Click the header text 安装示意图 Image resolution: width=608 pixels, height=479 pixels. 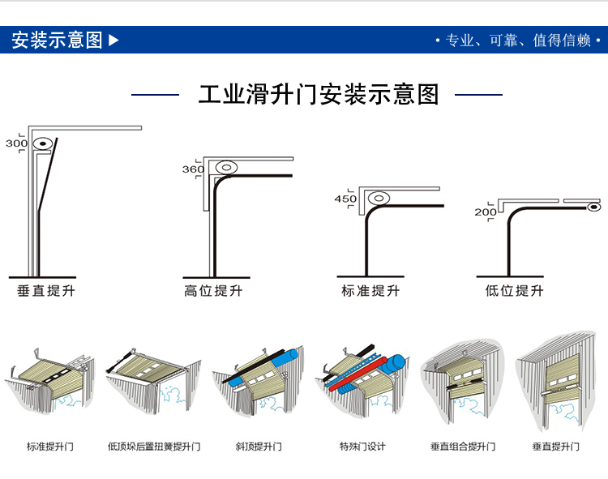point(57,40)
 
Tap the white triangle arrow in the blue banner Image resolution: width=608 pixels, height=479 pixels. point(113,40)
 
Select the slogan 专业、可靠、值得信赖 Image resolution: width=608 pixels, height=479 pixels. point(516,41)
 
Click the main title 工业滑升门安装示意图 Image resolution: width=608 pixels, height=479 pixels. point(319,94)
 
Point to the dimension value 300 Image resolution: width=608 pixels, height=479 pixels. point(16,143)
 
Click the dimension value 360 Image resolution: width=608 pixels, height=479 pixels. point(193,169)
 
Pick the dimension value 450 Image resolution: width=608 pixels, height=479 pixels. point(345,199)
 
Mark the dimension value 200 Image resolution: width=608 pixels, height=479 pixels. point(486,212)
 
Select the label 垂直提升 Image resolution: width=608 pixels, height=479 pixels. point(45,290)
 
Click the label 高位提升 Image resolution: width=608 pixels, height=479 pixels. point(212,290)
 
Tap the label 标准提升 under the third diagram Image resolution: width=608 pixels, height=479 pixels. point(370,290)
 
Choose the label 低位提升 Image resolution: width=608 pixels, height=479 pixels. point(515,290)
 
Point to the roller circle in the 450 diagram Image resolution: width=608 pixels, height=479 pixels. point(378,198)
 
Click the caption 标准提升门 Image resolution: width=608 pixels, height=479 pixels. point(49,447)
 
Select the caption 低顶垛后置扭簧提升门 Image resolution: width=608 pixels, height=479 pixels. point(154,447)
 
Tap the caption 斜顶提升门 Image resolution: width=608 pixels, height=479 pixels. point(259,447)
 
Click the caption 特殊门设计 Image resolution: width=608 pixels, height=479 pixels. point(362,447)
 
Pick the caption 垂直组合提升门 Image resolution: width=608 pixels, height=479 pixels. point(463,447)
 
